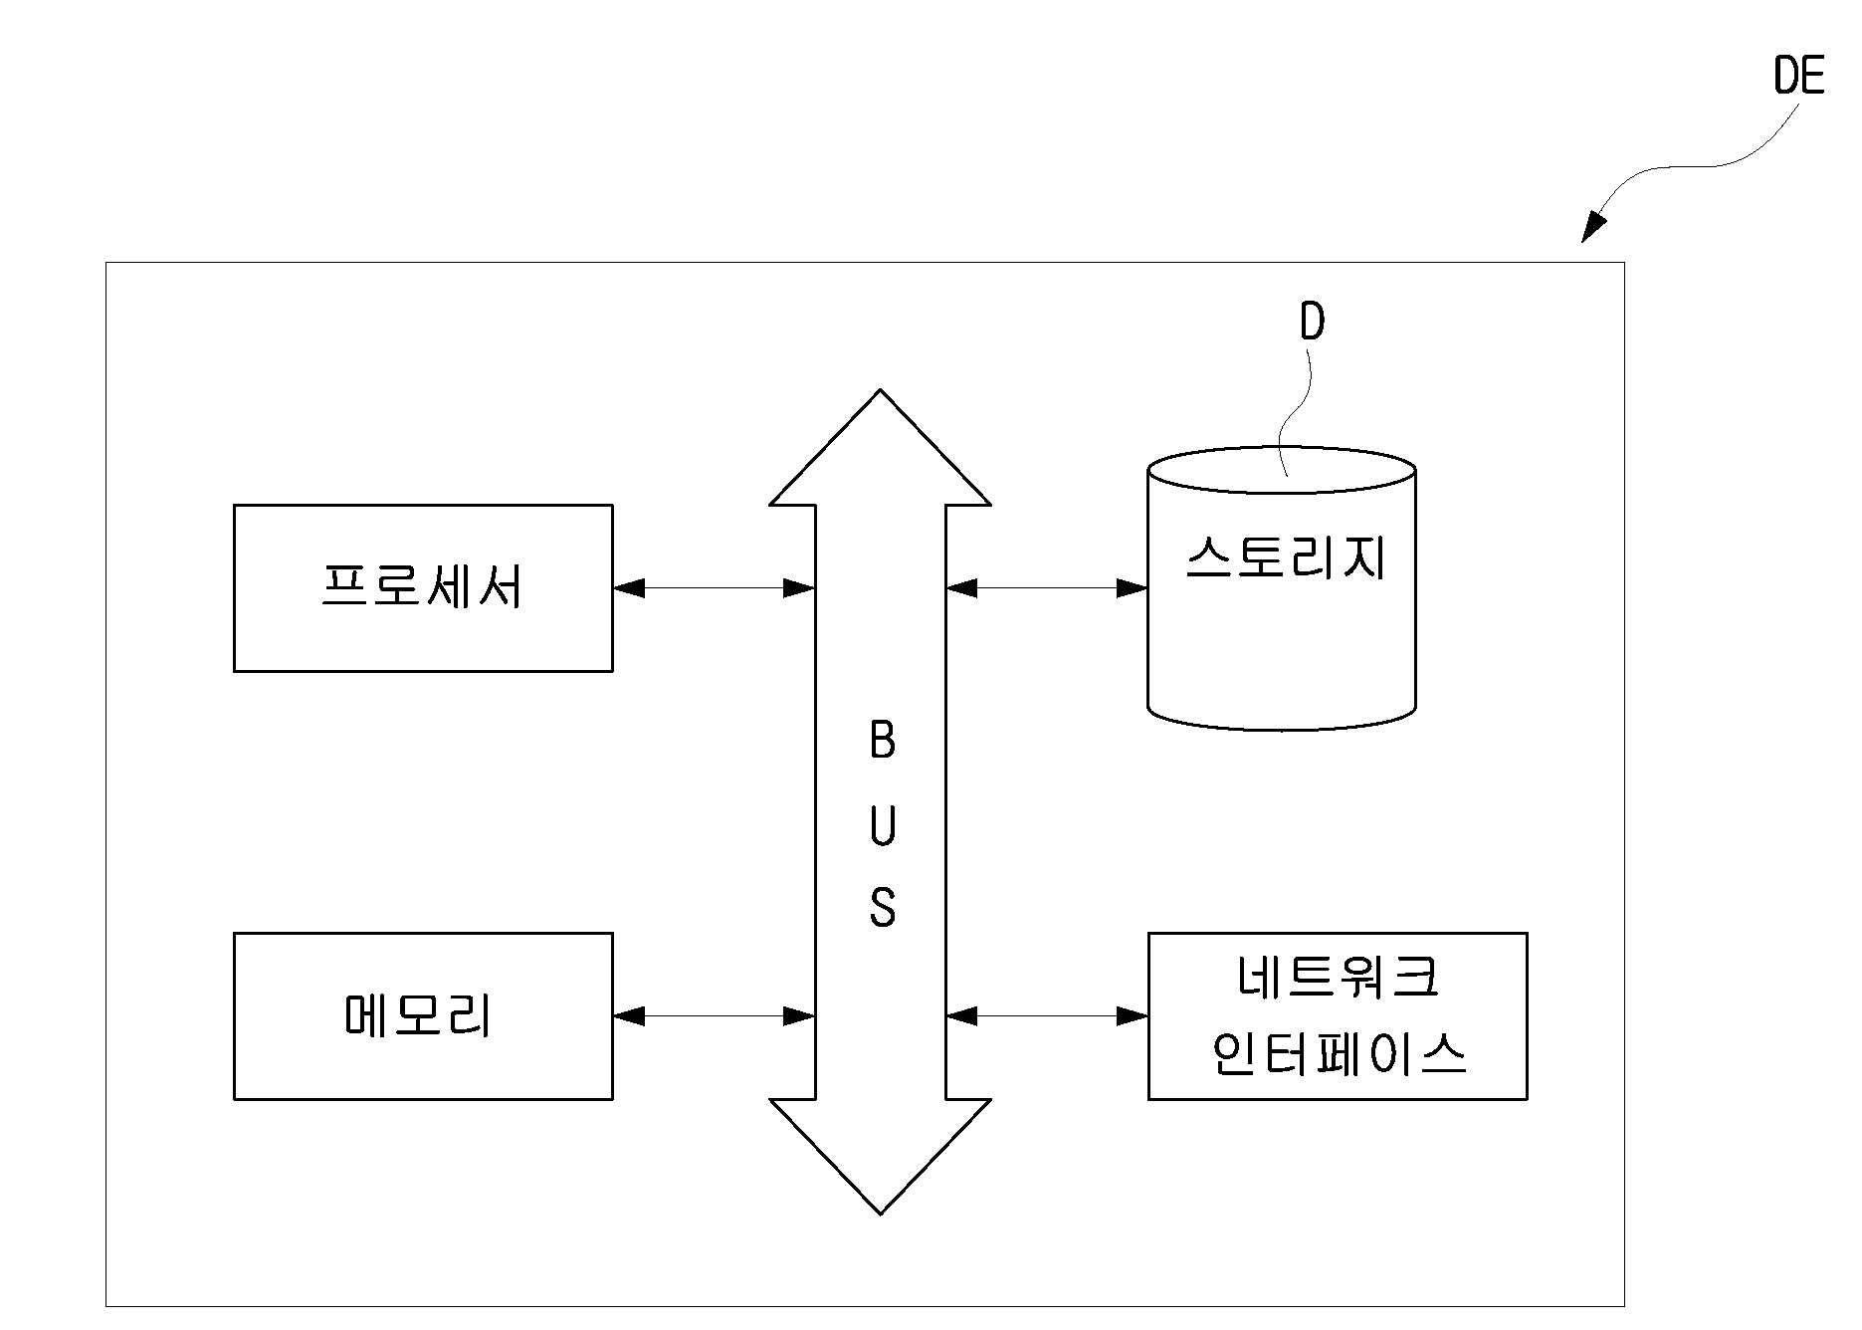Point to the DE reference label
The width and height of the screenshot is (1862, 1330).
tap(1799, 76)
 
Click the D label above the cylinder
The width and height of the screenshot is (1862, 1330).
tap(1313, 322)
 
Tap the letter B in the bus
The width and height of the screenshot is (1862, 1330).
tap(883, 741)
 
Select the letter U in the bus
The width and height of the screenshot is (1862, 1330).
tap(883, 825)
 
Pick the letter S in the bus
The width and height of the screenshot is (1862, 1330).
tap(883, 908)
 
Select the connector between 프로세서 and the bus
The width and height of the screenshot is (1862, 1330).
tap(715, 588)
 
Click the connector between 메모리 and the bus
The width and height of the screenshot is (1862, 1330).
tap(715, 1016)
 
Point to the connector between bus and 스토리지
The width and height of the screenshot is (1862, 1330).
tap(1047, 588)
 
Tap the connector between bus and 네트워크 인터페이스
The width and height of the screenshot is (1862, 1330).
tap(1047, 1016)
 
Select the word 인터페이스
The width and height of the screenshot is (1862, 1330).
tap(1339, 1052)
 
